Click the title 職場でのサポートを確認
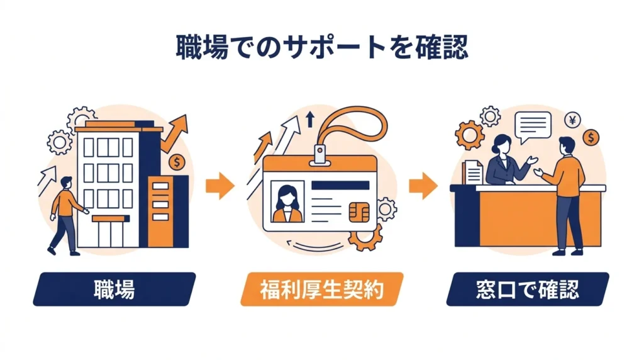coord(322,47)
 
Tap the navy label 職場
coord(114,290)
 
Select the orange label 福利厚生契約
coord(321,290)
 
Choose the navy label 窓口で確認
coord(528,290)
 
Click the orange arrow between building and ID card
coord(220,186)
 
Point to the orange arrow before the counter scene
coord(423,186)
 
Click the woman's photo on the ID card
coord(287,202)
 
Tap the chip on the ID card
coord(359,213)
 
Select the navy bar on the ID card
coord(340,185)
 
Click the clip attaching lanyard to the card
coord(319,155)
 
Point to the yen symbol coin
coord(572,120)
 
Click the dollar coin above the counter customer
coord(591,137)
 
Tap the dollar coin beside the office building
coord(177,162)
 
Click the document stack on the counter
coord(472,172)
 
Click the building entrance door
coord(111,234)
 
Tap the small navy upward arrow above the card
coord(311,119)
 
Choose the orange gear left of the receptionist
coord(469,135)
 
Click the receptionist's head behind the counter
coord(502,144)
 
